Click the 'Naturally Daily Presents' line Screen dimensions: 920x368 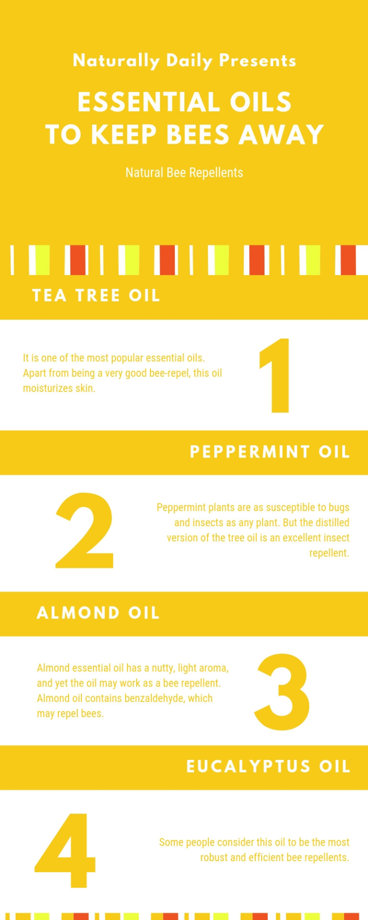pyautogui.click(x=184, y=61)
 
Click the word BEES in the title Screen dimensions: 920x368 pyautogui.click(x=198, y=134)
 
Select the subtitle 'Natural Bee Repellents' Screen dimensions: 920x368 pyautogui.click(x=184, y=172)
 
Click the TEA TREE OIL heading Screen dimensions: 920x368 pyautogui.click(x=96, y=296)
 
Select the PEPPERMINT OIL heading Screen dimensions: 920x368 pyautogui.click(x=270, y=452)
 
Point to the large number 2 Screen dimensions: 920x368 pyautogui.click(x=85, y=531)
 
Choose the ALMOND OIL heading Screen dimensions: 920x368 pyautogui.click(x=98, y=613)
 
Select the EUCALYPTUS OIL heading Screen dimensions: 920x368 pyautogui.click(x=268, y=766)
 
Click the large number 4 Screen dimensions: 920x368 pyautogui.click(x=66, y=851)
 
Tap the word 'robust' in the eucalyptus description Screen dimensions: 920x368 pyautogui.click(x=214, y=857)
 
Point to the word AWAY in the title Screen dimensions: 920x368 pyautogui.click(x=282, y=134)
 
